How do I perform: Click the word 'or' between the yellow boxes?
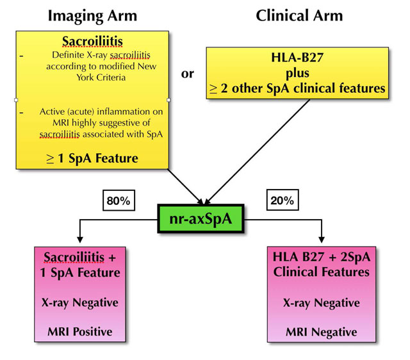tap(188, 74)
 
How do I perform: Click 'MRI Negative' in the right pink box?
tap(320, 332)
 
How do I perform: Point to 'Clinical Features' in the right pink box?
tap(320, 272)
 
